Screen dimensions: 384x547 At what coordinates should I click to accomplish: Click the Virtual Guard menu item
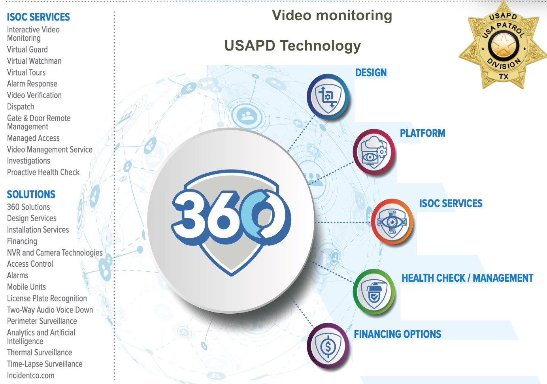pos(27,50)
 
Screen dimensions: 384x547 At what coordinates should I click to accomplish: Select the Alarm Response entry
pos(32,84)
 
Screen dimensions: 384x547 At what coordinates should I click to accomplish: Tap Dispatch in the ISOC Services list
pos(21,107)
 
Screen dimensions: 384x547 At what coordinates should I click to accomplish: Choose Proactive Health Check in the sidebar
pos(43,172)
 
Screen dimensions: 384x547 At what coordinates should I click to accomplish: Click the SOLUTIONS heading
pos(31,194)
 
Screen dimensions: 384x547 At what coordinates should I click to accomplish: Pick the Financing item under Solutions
pos(22,241)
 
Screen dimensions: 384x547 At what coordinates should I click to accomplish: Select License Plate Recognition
pos(47,298)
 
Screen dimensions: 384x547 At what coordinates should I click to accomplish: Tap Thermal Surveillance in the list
pos(40,352)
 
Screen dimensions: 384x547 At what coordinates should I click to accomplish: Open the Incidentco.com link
pos(31,375)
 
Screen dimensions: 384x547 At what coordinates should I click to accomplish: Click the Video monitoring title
pos(332,15)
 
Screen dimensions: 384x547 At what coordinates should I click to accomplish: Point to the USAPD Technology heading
pos(292,45)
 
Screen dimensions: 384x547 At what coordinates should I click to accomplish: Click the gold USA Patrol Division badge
pos(503,45)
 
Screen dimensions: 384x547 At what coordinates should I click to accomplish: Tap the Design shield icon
pos(328,97)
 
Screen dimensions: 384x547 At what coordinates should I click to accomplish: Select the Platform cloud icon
pos(373,152)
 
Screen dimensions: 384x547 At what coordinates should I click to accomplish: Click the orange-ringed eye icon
pos(392,222)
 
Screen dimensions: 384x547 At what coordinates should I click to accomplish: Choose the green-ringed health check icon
pos(374,292)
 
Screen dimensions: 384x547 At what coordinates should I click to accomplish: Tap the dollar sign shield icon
pos(328,346)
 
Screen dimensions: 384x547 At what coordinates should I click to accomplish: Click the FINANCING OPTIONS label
pos(397,334)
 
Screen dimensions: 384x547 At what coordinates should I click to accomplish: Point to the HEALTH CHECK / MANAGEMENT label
pos(467,278)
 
